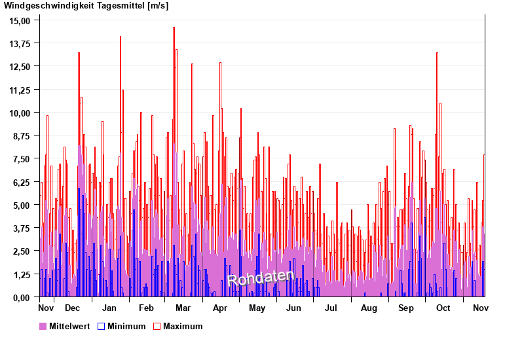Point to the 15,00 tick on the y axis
[x=20, y=20]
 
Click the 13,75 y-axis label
[x=20, y=43]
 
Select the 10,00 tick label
[x=20, y=113]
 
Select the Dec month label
[x=72, y=308]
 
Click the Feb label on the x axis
[x=146, y=308]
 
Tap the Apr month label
[x=220, y=308]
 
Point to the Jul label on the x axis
[x=331, y=308]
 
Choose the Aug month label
[x=369, y=308]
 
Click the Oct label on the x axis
[x=443, y=308]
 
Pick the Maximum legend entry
[x=178, y=326]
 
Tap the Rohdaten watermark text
[x=261, y=278]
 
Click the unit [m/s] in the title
[x=158, y=6]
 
